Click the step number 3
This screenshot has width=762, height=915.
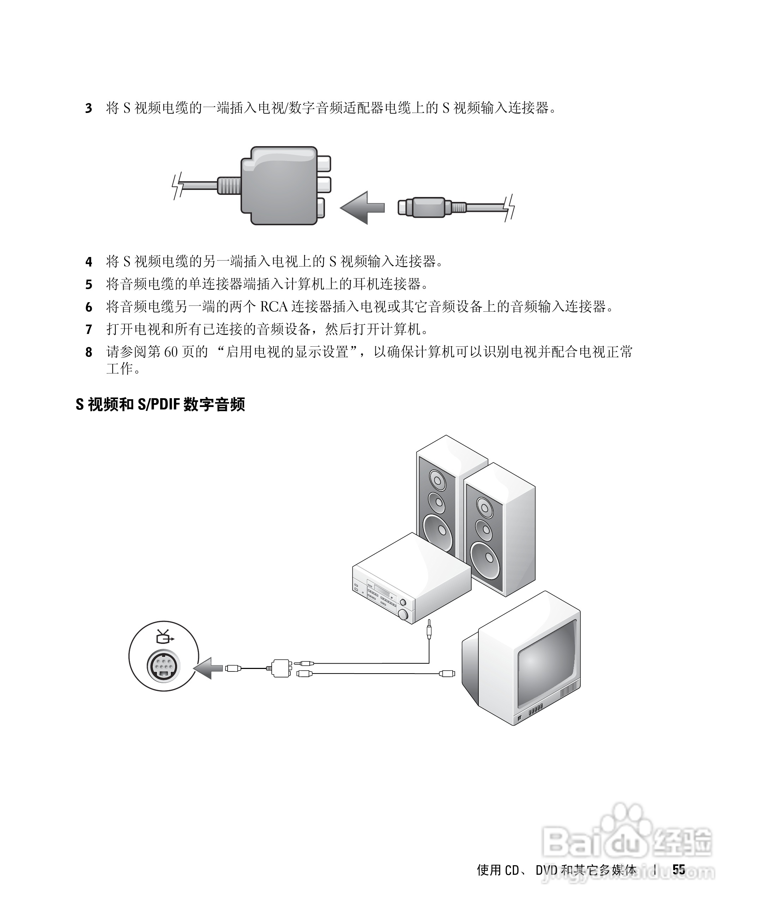[89, 108]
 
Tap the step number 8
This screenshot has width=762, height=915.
[89, 352]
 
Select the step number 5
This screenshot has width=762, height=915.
[89, 285]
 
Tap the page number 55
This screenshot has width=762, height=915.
[678, 870]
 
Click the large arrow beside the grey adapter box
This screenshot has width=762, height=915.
[362, 208]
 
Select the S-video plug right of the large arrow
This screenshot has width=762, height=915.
[422, 208]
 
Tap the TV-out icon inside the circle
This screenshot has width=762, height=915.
[164, 637]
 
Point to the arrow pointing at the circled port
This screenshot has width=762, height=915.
[208, 668]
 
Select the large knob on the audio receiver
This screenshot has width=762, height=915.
[404, 615]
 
